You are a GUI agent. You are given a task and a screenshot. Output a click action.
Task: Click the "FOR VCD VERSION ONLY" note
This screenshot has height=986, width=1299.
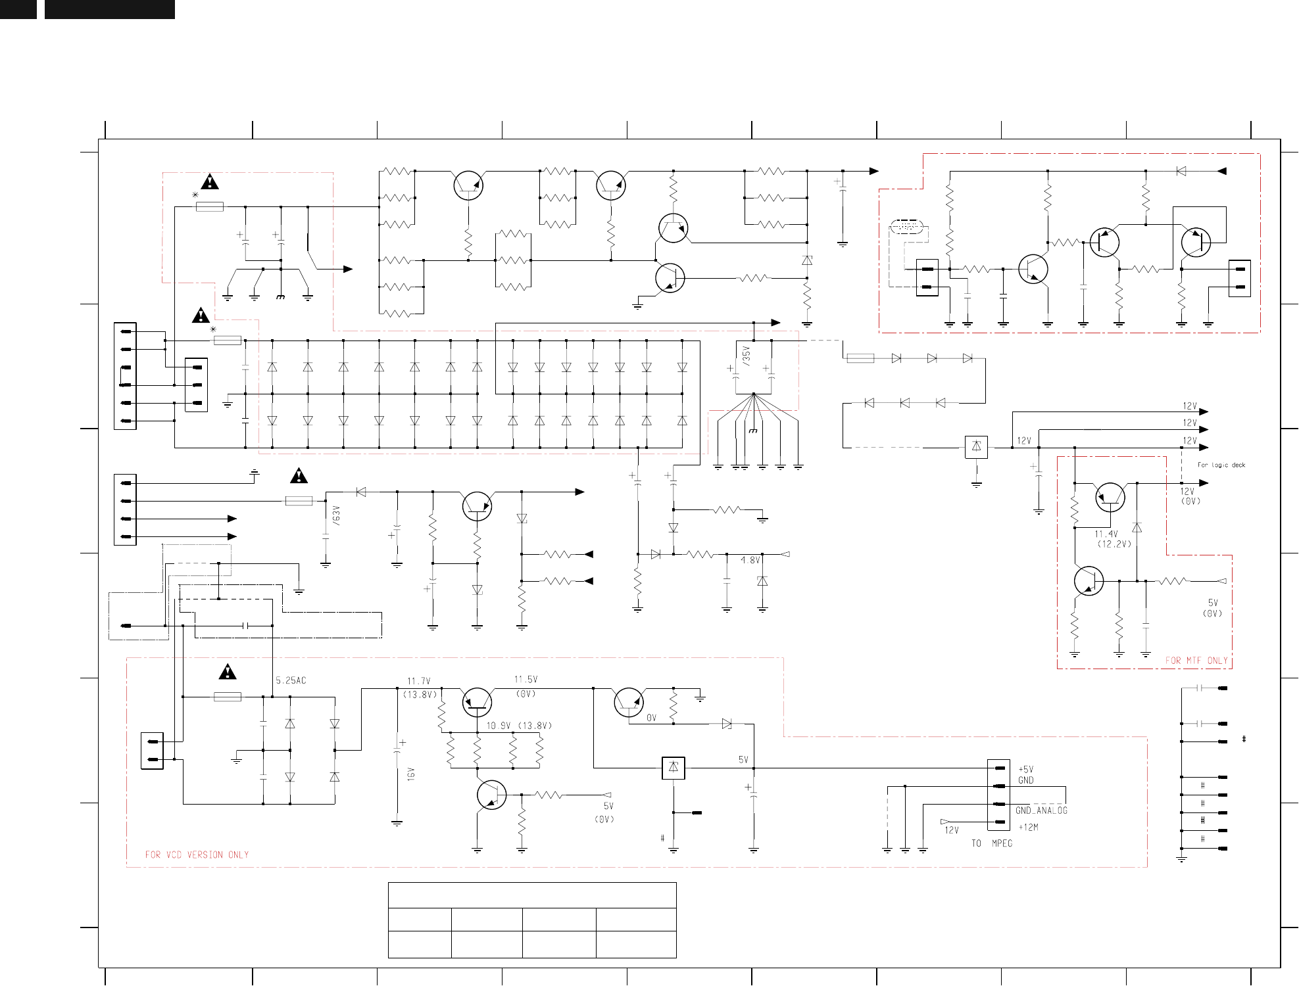click(x=197, y=855)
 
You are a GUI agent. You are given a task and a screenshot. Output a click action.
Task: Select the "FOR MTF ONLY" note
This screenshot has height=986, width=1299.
click(x=1196, y=661)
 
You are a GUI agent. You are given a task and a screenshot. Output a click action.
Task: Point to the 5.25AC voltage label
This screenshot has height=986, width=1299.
click(x=291, y=680)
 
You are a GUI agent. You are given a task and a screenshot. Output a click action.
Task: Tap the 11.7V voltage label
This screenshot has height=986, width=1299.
click(x=418, y=682)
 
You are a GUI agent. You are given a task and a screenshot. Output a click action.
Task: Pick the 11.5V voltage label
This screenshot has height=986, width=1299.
click(x=526, y=680)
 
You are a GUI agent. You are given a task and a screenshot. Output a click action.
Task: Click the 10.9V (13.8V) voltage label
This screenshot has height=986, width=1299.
click(x=519, y=726)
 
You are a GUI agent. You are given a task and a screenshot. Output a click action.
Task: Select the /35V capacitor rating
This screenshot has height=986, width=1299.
click(x=746, y=356)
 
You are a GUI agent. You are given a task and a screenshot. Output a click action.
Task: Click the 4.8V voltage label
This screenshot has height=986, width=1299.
click(x=750, y=560)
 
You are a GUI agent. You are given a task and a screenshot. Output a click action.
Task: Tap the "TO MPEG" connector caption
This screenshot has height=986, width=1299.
click(x=992, y=843)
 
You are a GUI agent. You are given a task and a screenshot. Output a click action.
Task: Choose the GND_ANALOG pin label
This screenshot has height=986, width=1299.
click(x=1041, y=810)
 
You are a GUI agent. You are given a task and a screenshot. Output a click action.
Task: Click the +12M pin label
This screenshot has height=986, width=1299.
click(x=1028, y=828)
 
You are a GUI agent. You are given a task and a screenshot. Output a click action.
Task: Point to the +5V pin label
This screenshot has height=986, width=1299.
click(x=1025, y=769)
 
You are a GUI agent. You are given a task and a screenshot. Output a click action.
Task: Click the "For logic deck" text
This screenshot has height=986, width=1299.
click(x=1221, y=465)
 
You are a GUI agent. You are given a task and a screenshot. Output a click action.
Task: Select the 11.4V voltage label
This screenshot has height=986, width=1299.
click(x=1106, y=534)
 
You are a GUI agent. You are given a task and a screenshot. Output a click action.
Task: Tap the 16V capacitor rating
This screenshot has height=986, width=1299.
click(x=411, y=774)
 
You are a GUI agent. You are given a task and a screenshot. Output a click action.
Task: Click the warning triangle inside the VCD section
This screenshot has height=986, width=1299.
click(x=228, y=672)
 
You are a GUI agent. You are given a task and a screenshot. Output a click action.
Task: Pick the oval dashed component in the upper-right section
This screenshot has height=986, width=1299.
click(x=908, y=227)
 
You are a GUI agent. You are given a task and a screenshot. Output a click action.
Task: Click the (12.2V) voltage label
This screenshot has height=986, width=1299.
click(x=1114, y=544)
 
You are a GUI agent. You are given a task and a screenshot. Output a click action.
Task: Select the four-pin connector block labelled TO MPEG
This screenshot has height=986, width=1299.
click(x=998, y=795)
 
